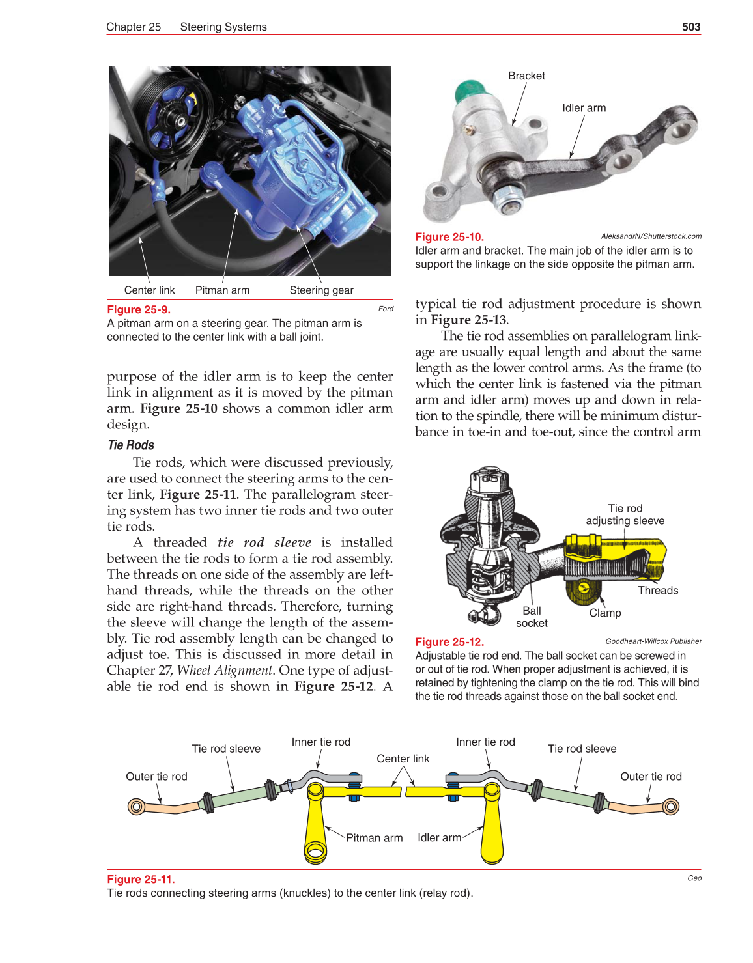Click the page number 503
click(x=690, y=27)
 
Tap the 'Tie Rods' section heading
click(x=131, y=445)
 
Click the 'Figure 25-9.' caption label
click(x=139, y=310)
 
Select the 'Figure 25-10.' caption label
click(x=449, y=237)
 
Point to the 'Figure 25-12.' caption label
click(x=449, y=642)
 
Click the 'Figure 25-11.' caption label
click(x=141, y=879)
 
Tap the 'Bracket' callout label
click(x=526, y=76)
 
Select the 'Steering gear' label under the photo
click(x=321, y=290)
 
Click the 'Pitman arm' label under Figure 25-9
click(x=222, y=290)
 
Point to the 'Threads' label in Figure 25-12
click(x=658, y=591)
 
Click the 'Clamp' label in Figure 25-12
click(x=605, y=613)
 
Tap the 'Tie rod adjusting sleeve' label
click(x=625, y=514)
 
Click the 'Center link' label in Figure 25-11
click(x=403, y=759)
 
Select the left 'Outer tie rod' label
click(x=156, y=777)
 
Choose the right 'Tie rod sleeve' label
click(x=582, y=749)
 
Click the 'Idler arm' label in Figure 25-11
click(x=439, y=838)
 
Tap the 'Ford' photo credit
click(x=386, y=309)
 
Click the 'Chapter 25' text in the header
click(x=134, y=27)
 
